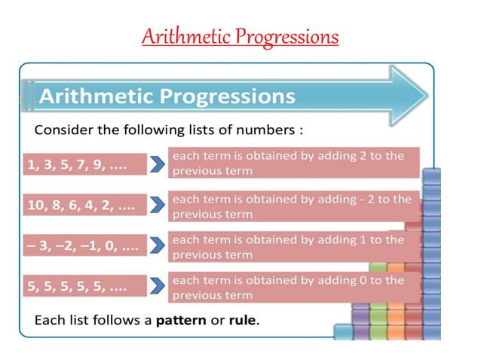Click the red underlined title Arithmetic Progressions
240,36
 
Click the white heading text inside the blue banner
167,96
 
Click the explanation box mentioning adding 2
293,163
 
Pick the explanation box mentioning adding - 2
293,206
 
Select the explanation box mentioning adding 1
293,246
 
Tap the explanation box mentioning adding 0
293,287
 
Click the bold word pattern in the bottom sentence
181,320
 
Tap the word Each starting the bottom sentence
48,320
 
